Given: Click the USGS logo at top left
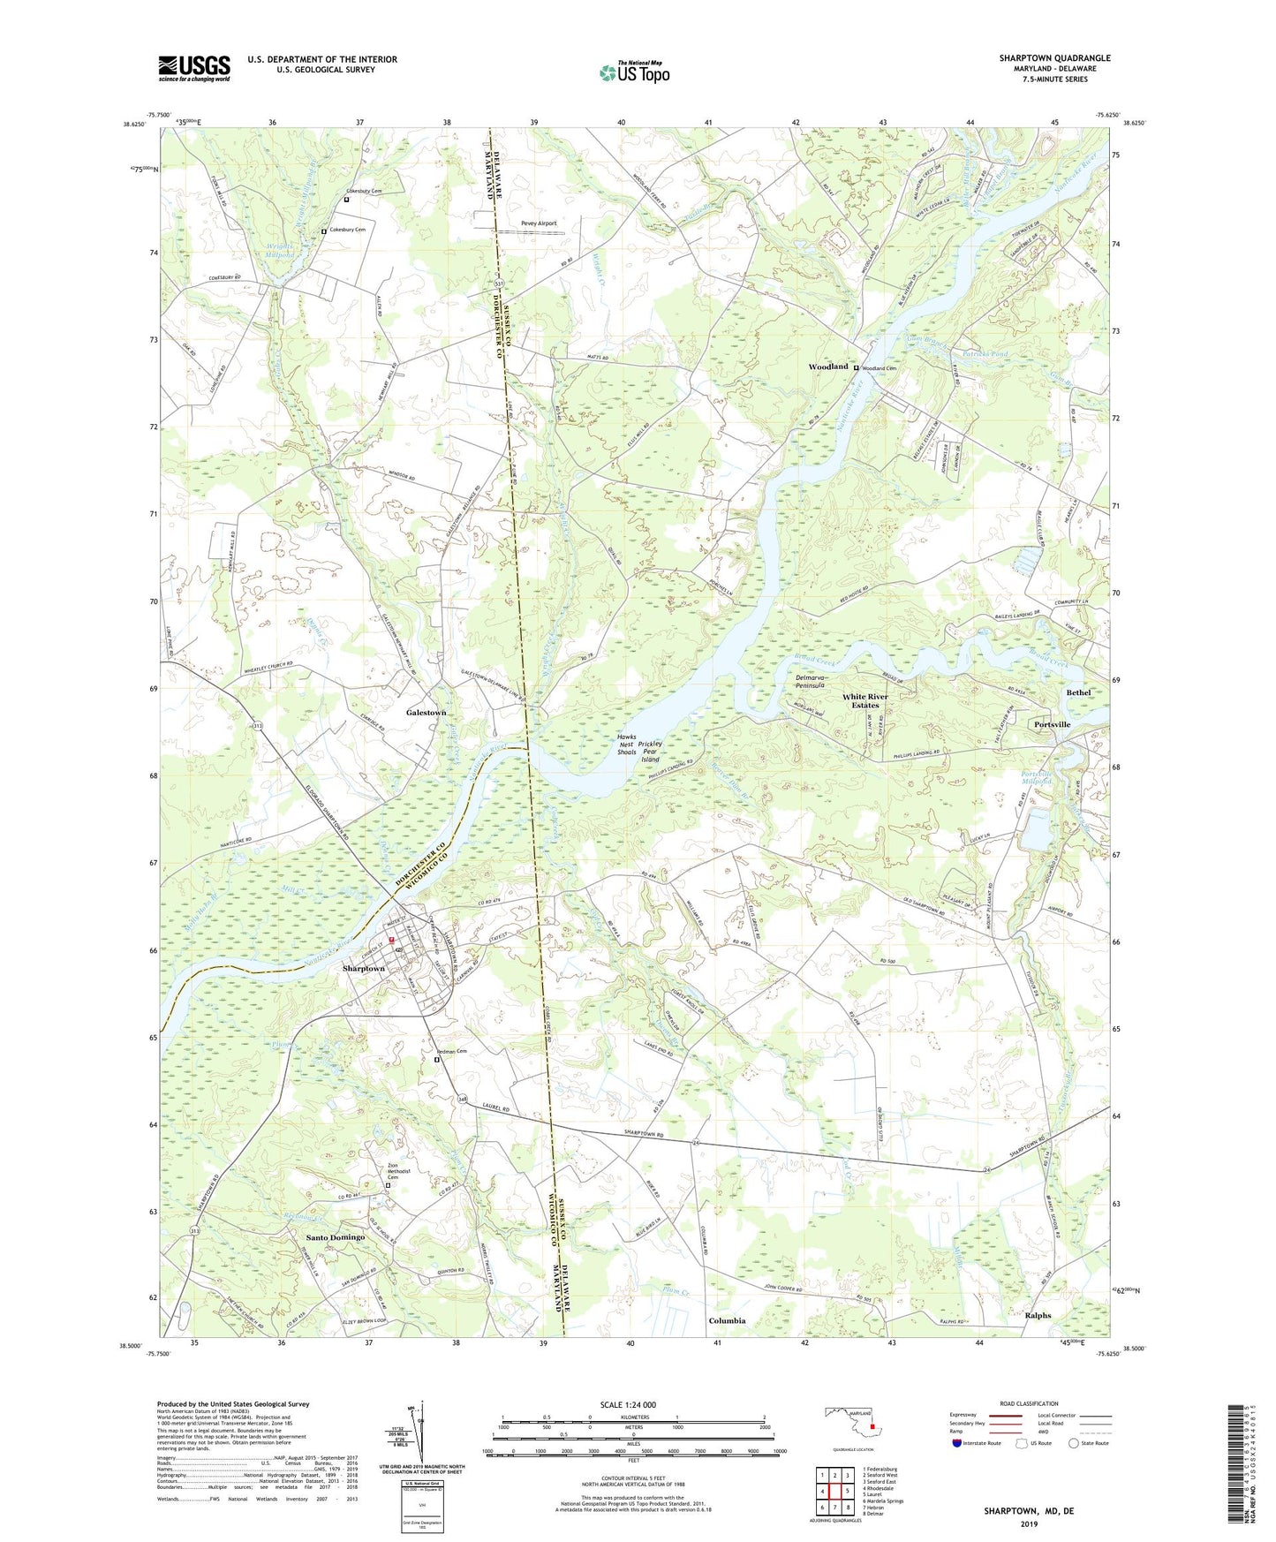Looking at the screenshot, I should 194,68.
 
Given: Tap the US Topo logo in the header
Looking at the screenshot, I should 633,72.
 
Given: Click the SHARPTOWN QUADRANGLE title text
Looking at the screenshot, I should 1054,58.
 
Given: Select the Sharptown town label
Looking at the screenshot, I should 364,968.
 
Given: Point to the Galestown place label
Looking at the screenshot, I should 426,712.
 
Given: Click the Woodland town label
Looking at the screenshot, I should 828,367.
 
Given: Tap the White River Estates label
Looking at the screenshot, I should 865,700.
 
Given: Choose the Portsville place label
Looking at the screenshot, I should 1052,724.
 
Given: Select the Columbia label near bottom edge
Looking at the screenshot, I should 727,1321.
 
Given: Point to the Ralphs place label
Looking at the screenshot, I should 1038,1315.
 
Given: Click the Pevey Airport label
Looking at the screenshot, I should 539,223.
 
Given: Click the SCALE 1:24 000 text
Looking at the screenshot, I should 633,1405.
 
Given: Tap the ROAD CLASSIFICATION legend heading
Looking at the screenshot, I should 1030,1403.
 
